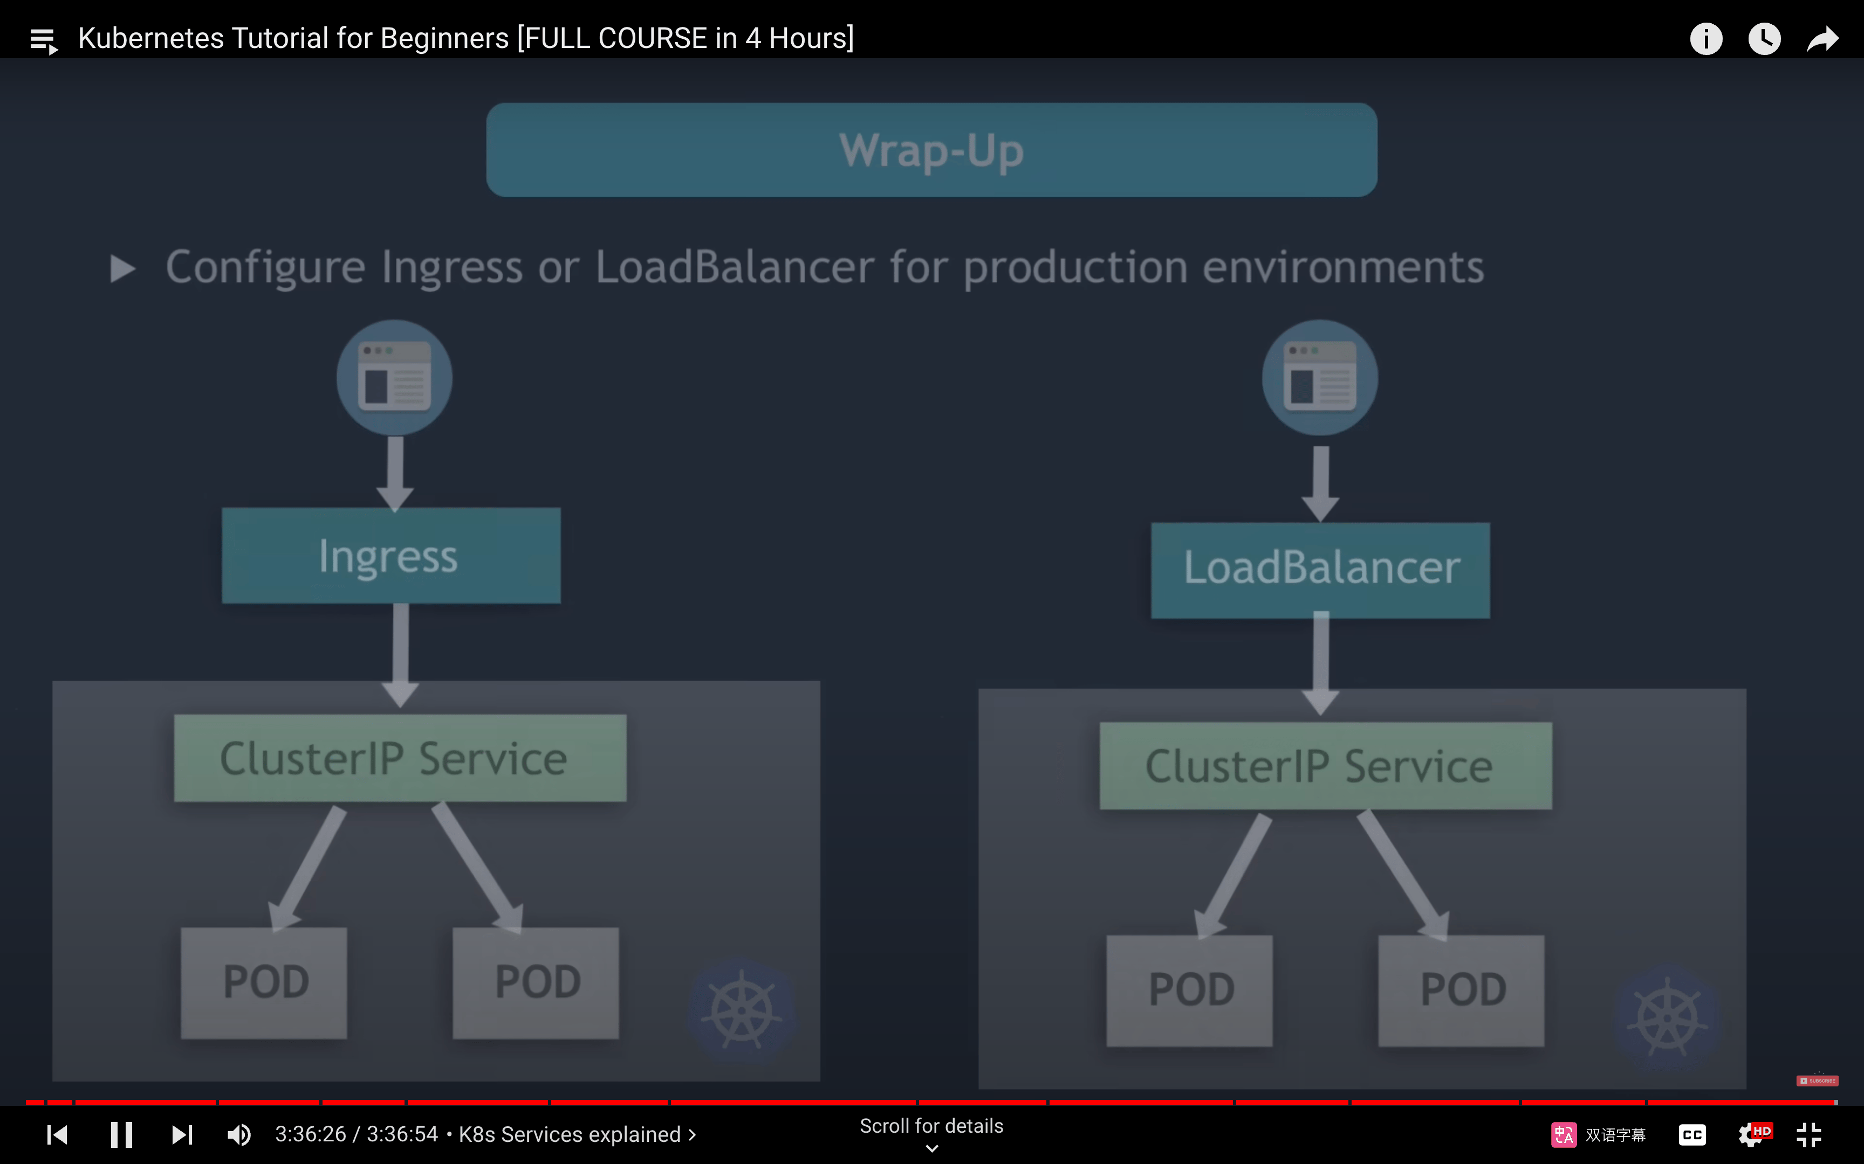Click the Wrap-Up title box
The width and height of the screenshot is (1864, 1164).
pos(931,149)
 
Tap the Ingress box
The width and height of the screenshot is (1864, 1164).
pos(391,555)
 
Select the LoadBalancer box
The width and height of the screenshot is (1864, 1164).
pos(1320,570)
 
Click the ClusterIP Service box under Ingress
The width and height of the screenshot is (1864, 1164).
pos(400,758)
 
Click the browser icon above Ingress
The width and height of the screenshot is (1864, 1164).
pos(394,377)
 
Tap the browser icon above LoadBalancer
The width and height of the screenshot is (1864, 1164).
pos(1320,377)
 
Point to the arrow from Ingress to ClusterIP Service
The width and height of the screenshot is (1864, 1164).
pos(401,654)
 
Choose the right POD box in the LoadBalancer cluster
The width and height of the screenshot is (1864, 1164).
pos(1461,990)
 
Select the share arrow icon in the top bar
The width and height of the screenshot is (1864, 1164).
pos(1822,38)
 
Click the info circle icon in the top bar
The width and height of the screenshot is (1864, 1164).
pos(1706,38)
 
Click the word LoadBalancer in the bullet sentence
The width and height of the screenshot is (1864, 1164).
pos(735,267)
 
